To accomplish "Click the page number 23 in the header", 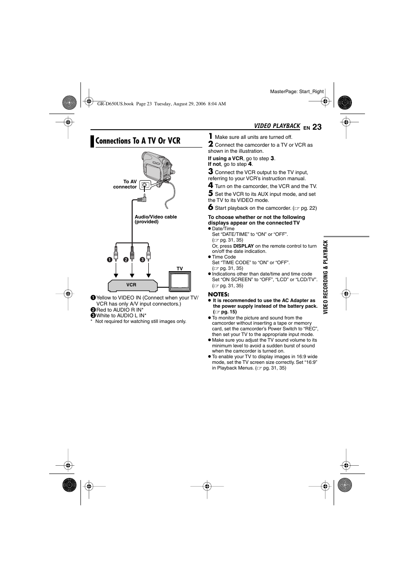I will (317, 127).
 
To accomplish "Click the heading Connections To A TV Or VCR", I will (137, 141).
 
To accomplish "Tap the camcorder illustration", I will (157, 168).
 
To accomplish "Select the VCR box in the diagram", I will (132, 285).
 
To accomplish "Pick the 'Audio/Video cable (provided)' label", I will (156, 219).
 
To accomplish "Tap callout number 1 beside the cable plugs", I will (110, 260).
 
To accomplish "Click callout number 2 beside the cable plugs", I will (126, 260).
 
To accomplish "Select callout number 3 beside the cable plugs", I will (142, 260).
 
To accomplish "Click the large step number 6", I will (211, 207).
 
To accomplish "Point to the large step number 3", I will (211, 171).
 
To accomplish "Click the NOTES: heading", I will (218, 294).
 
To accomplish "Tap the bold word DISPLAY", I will (244, 246).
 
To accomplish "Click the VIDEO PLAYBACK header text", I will (277, 126).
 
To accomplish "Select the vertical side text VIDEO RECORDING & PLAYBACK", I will (326, 277).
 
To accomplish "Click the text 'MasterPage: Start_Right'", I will (297, 91).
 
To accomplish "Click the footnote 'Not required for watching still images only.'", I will (141, 322).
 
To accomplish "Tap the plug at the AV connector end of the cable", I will (142, 199).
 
